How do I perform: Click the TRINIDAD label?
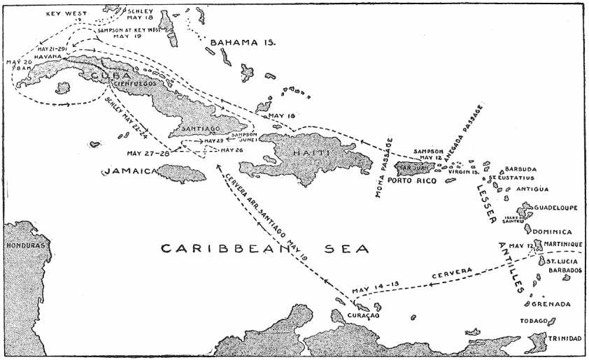click(564, 339)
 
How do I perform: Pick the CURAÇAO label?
click(362, 316)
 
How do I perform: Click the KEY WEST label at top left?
click(66, 13)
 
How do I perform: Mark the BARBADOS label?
click(565, 269)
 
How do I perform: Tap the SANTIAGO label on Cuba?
click(200, 129)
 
